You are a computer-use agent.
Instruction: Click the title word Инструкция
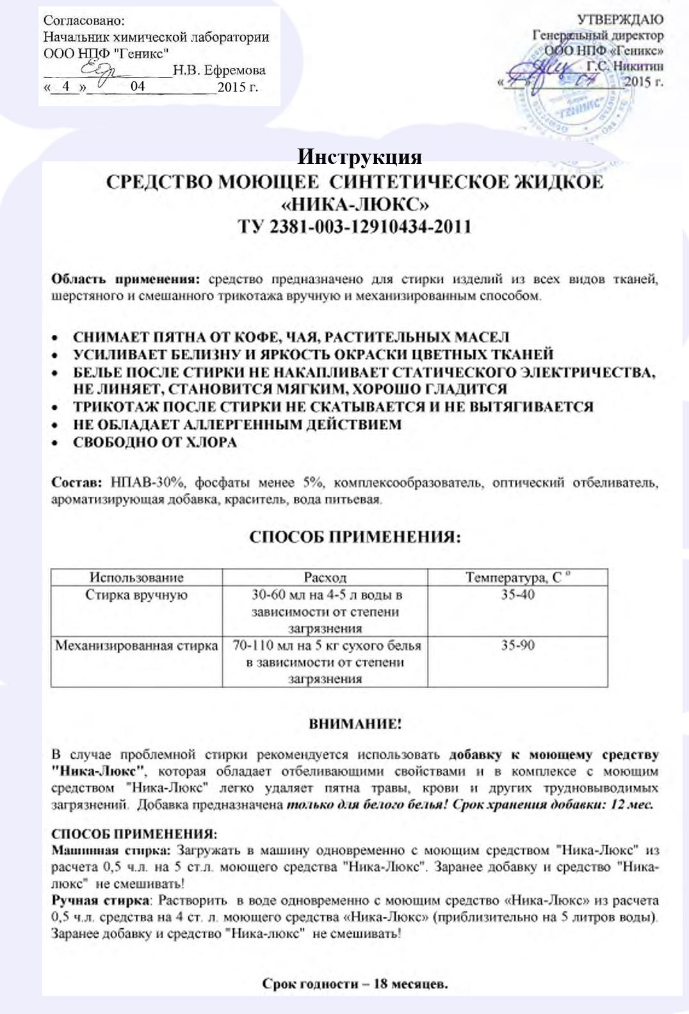click(359, 157)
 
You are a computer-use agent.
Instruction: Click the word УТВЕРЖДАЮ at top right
click(620, 20)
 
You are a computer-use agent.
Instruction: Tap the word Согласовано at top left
click(84, 21)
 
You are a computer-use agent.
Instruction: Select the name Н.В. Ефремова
click(219, 70)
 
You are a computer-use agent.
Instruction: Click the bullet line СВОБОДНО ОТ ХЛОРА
click(154, 442)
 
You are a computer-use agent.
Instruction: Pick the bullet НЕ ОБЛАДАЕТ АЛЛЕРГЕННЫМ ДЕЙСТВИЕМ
click(237, 424)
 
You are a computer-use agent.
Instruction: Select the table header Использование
click(136, 577)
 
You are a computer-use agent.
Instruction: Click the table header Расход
click(325, 577)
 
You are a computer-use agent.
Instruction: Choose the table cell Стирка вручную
click(136, 595)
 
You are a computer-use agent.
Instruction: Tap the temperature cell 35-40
click(517, 595)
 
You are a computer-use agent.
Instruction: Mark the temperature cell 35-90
click(517, 645)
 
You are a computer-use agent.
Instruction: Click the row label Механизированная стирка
click(136, 645)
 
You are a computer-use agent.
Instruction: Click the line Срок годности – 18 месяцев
click(355, 984)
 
